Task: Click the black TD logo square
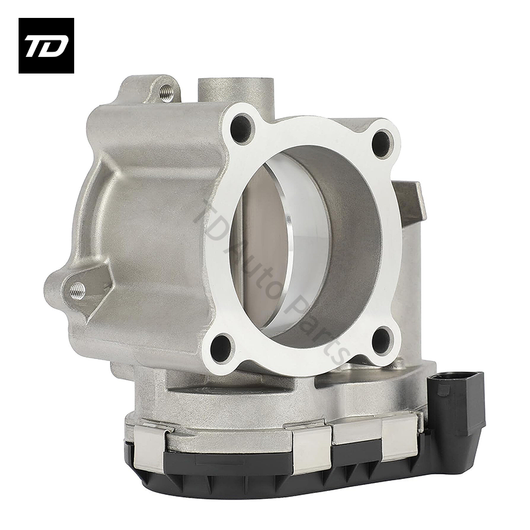(46, 45)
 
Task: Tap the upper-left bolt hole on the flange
(242, 127)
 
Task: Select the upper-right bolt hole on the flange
(382, 142)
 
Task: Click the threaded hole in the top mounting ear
(166, 93)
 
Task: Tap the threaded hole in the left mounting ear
(78, 289)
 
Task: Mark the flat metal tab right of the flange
(410, 202)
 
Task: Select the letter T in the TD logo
(36, 47)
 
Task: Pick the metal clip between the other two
(311, 450)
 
